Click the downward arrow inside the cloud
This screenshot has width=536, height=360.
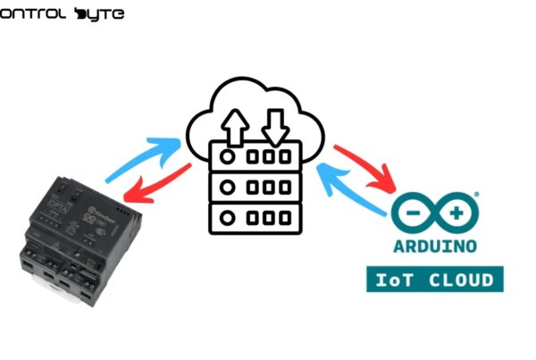point(275,125)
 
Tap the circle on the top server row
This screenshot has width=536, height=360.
point(228,155)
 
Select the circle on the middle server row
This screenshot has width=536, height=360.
point(228,188)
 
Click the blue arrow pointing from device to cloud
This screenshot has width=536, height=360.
point(143,155)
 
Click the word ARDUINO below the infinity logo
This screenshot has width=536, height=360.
point(435,246)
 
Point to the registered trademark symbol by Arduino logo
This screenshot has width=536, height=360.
point(476,192)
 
